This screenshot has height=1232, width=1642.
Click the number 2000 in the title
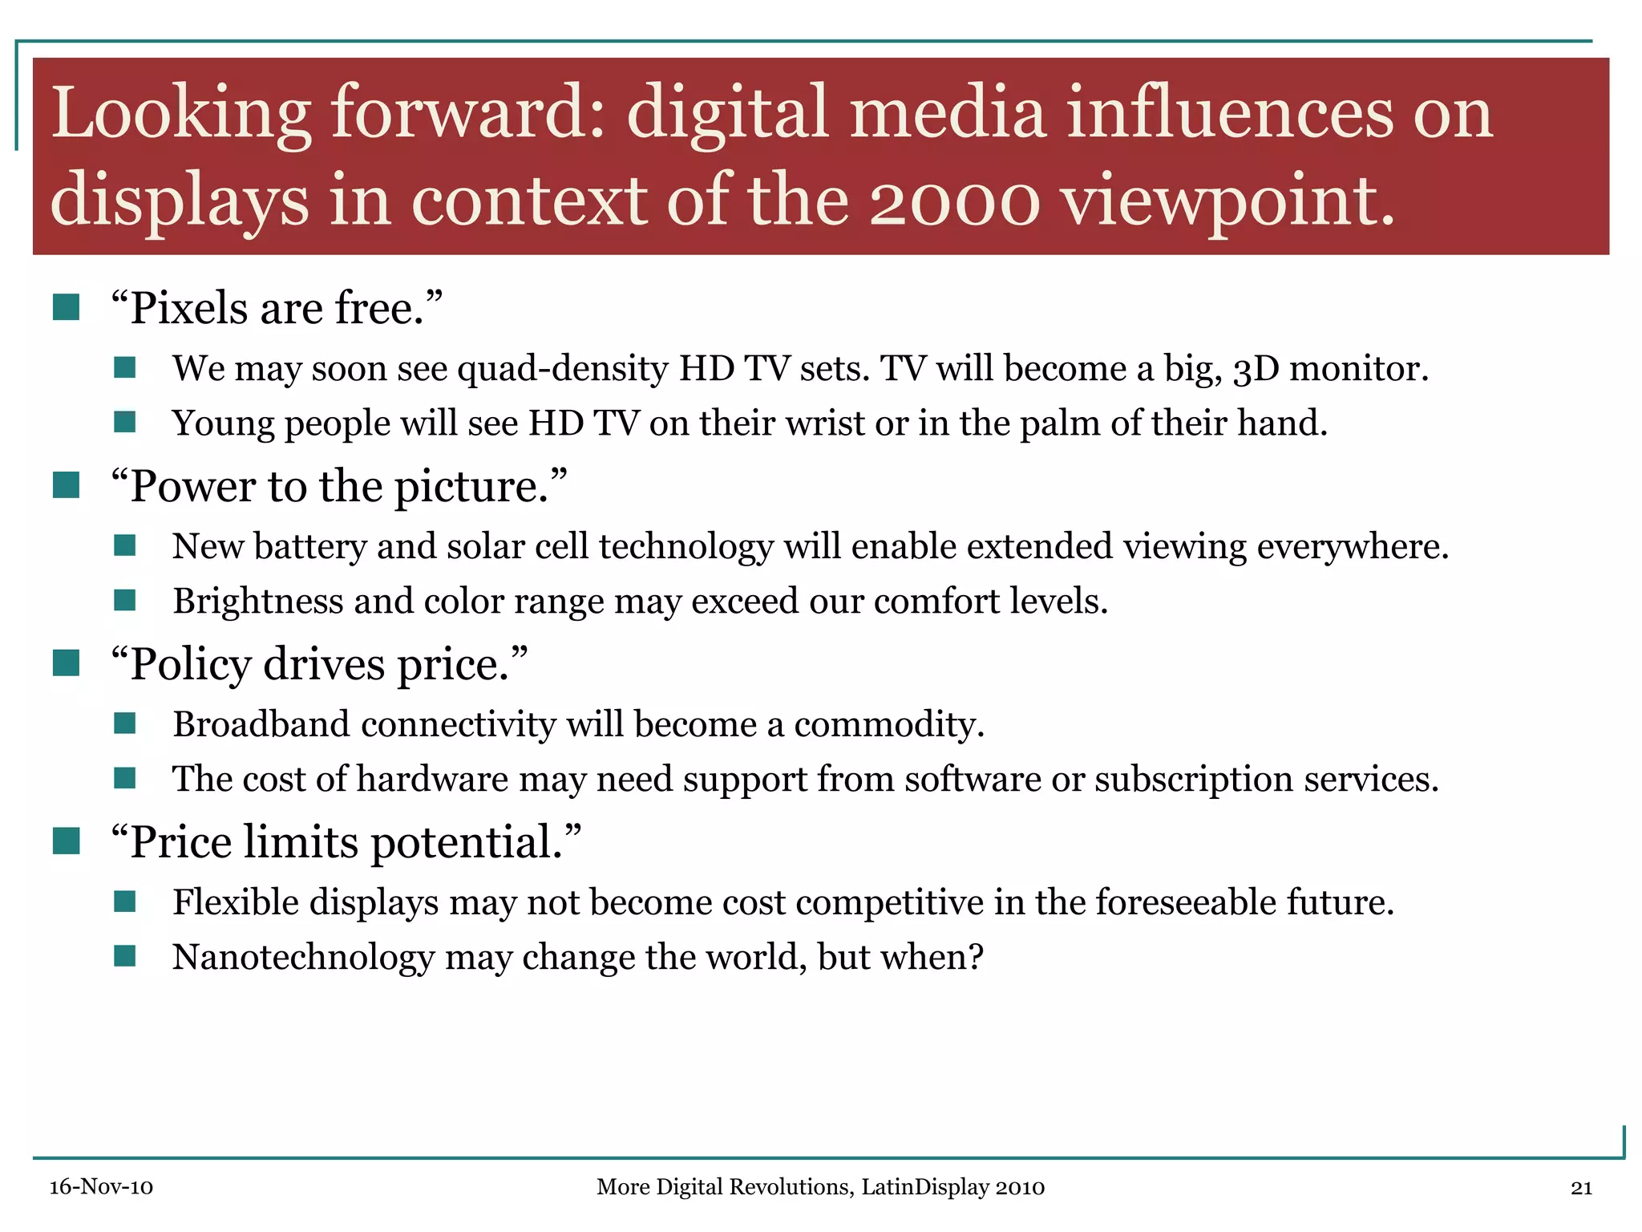[954, 201]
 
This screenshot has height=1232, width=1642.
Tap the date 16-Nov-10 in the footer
[101, 1187]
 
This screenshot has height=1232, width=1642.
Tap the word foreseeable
[1186, 902]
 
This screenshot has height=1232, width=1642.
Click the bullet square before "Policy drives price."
[66, 663]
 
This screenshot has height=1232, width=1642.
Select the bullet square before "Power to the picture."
[66, 485]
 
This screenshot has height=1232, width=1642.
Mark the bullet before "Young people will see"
[124, 422]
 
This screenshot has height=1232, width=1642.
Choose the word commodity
[889, 725]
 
